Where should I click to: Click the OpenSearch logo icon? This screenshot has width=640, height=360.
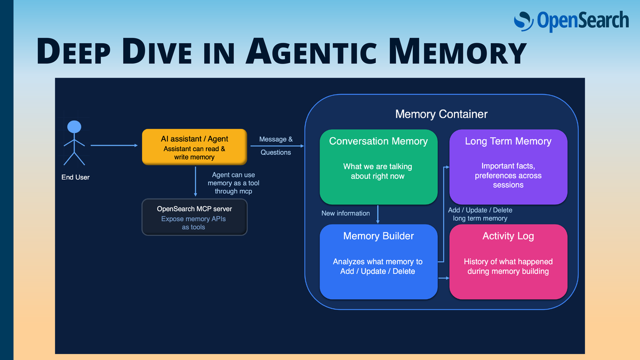523,21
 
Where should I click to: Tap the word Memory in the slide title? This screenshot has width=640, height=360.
457,51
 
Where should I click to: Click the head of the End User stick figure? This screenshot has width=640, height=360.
74,127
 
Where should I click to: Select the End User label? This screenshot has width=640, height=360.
75,177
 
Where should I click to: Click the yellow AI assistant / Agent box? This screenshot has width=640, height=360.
194,147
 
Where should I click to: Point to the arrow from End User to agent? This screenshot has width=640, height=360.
114,146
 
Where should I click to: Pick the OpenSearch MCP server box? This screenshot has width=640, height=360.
194,217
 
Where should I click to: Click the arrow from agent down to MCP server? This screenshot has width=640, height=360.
195,181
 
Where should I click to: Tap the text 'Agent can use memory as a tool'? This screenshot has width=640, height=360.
234,179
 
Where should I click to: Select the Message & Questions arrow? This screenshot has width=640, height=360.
277,146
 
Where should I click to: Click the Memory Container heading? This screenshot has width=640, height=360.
441,114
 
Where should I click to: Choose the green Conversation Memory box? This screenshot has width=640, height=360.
378,167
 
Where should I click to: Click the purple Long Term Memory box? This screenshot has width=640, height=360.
508,167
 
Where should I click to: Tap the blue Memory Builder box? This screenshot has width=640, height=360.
378,262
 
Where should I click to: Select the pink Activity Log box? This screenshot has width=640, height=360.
508,262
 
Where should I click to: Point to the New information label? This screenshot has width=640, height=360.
346,213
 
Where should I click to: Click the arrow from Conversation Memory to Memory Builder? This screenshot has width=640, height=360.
378,214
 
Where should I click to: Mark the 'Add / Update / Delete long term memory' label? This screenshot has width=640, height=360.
480,214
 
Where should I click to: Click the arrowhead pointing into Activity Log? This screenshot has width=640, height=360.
447,278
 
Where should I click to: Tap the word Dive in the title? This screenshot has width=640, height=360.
157,51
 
